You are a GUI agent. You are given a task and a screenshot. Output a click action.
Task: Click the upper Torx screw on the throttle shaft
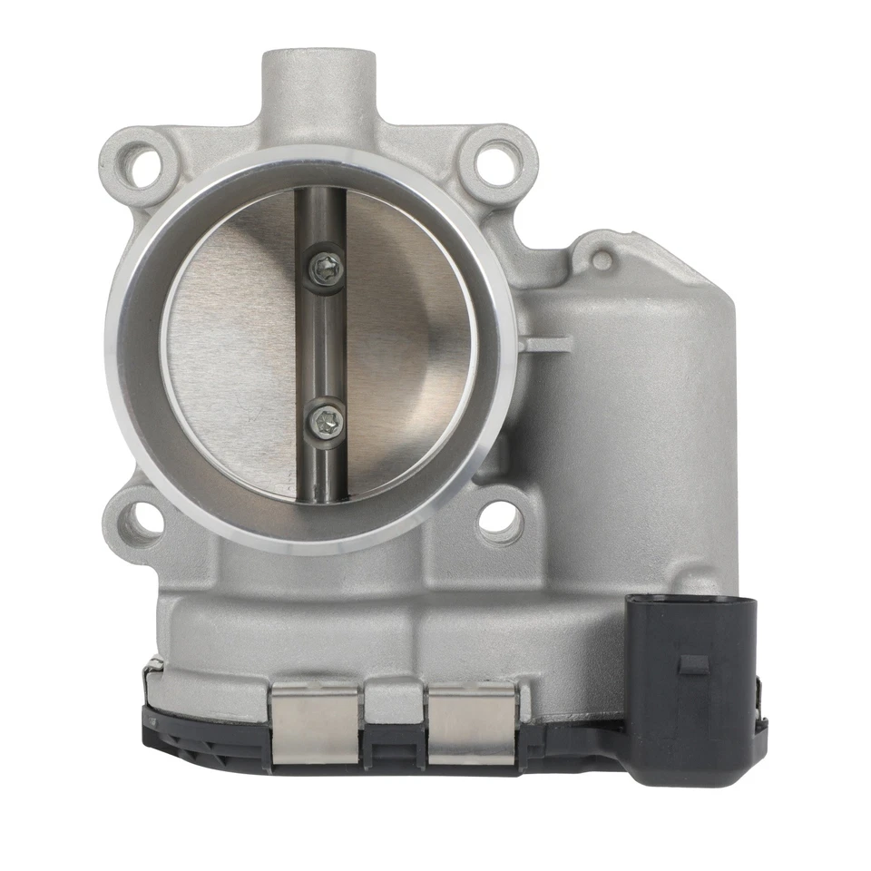[326, 266]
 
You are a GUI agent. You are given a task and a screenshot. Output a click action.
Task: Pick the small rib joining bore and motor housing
[550, 344]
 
